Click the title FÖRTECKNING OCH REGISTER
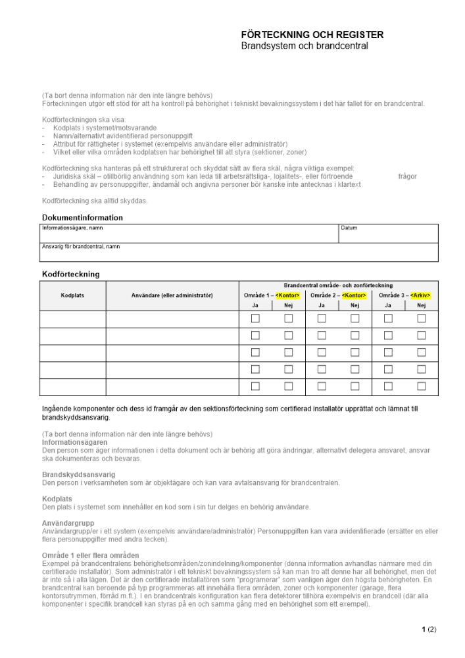coord(312,35)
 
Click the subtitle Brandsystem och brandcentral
coord(304,46)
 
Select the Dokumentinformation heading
coord(82,218)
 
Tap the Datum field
coord(388,234)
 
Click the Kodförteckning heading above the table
coord(71,274)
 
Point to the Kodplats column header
coord(72,295)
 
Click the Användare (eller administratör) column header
coord(172,295)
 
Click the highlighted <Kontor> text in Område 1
coord(288,295)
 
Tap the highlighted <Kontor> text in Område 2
coord(354,295)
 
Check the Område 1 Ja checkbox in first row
coord(256,318)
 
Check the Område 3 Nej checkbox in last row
coord(422,387)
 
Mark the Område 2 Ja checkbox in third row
coord(322,353)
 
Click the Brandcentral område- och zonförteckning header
coord(338,285)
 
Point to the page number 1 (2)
coord(429,630)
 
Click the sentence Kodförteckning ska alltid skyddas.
coord(95,200)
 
